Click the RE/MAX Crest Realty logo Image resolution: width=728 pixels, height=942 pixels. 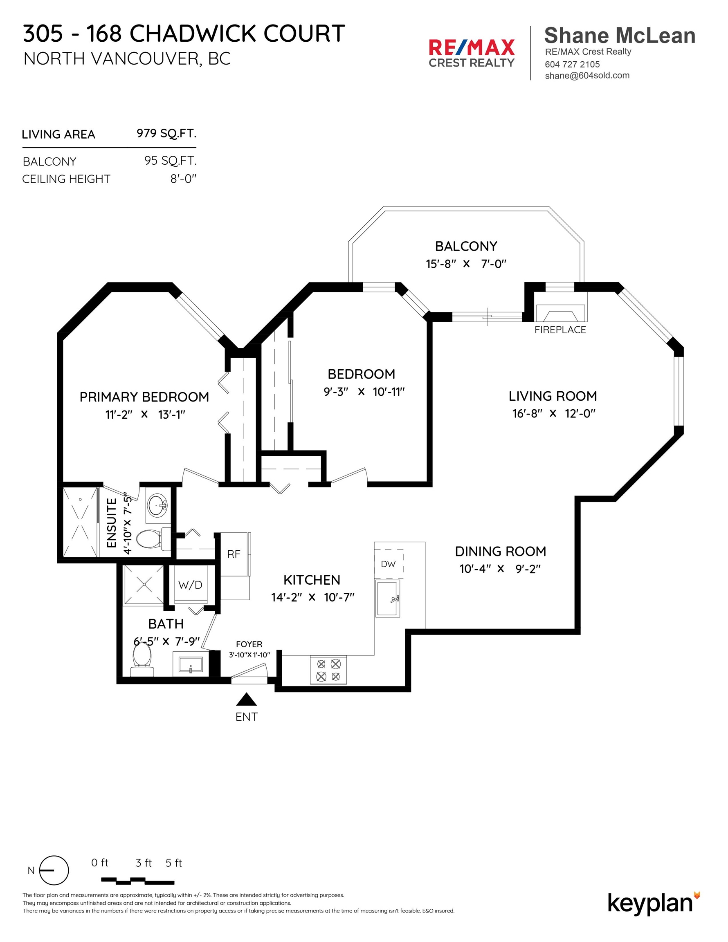[x=471, y=53]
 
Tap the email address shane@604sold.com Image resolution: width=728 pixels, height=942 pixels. [x=587, y=76]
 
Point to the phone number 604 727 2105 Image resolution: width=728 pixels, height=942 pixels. [x=572, y=64]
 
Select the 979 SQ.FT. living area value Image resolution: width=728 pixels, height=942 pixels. [x=166, y=133]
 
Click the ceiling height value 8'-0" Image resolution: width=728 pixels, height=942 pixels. [x=183, y=179]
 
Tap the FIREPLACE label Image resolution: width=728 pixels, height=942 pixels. [x=560, y=330]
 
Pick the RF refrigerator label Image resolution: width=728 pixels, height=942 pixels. [x=234, y=554]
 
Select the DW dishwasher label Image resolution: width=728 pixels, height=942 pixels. [x=388, y=564]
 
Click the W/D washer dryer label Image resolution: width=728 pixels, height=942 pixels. [x=190, y=585]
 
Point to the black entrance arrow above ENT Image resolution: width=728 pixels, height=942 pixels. [x=246, y=699]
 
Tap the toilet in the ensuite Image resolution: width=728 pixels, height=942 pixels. [x=150, y=538]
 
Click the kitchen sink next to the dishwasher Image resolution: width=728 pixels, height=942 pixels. [x=388, y=598]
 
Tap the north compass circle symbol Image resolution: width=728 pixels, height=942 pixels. [x=54, y=870]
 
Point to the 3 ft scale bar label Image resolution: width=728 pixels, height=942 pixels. [x=144, y=863]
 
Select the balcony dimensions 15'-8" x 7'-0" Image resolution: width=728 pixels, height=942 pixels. [x=466, y=264]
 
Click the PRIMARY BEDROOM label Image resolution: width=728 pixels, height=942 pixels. [x=144, y=397]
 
